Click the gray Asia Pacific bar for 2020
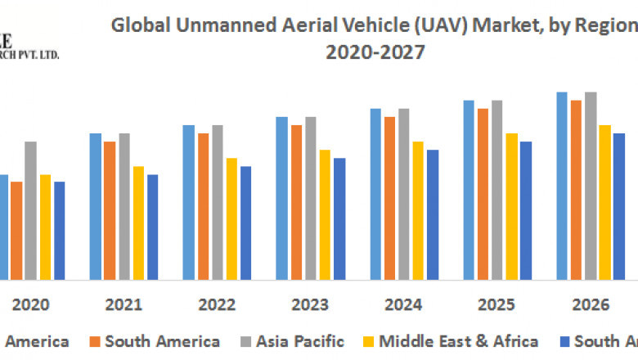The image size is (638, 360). tap(30, 210)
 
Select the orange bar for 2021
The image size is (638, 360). tap(110, 210)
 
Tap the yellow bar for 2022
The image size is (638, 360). tap(232, 218)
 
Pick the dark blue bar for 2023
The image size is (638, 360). tap(339, 218)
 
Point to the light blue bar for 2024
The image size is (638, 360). tap(375, 194)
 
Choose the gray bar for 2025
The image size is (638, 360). tap(496, 190)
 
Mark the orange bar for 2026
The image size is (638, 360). tap(576, 190)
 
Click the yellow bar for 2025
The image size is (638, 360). tap(511, 206)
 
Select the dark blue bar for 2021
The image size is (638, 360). tap(153, 227)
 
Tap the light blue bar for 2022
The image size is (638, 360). tap(188, 202)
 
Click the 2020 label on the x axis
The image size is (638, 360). tap(31, 305)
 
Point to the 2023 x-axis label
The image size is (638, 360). tap(310, 305)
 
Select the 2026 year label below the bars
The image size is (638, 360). tap(591, 305)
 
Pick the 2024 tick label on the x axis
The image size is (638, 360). tap(403, 305)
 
